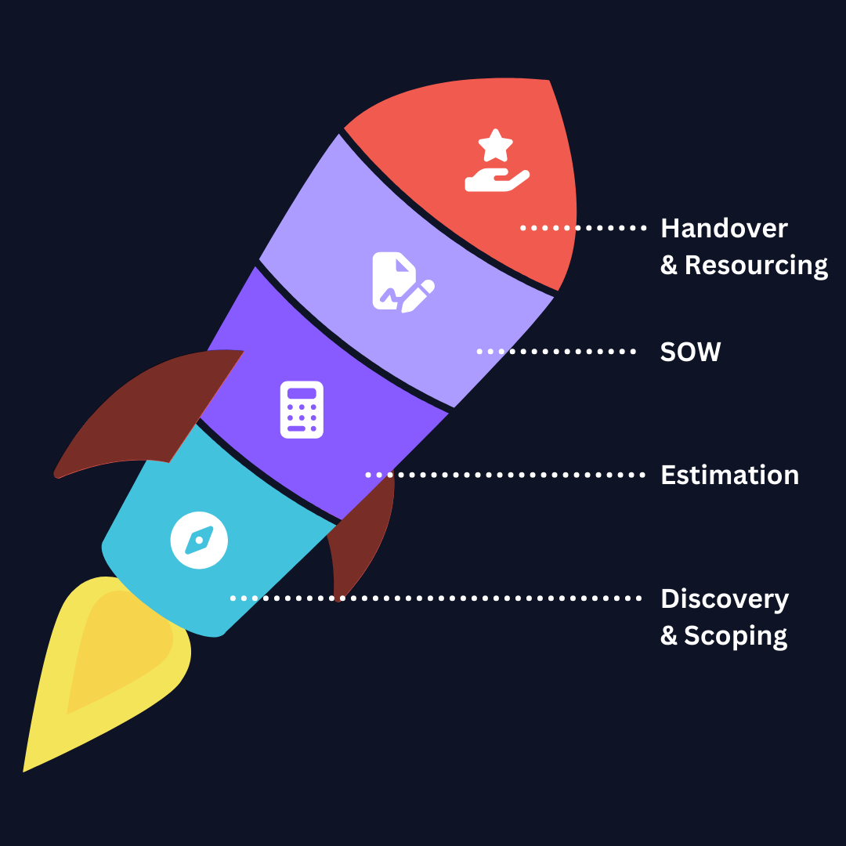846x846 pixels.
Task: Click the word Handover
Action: click(x=724, y=229)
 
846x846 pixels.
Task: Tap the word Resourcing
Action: click(x=756, y=266)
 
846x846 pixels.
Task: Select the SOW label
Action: click(x=690, y=352)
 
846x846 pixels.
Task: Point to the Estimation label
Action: click(x=729, y=475)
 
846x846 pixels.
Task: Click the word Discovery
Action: click(x=725, y=599)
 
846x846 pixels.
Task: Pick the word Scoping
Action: click(x=736, y=635)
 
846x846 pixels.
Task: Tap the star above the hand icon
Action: click(x=495, y=146)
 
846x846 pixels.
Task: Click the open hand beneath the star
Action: click(x=495, y=181)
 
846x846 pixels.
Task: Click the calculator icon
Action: click(x=302, y=409)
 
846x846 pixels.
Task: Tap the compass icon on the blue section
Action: click(x=199, y=540)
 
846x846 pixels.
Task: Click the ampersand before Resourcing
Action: click(x=668, y=266)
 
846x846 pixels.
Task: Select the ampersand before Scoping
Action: click(x=668, y=635)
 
